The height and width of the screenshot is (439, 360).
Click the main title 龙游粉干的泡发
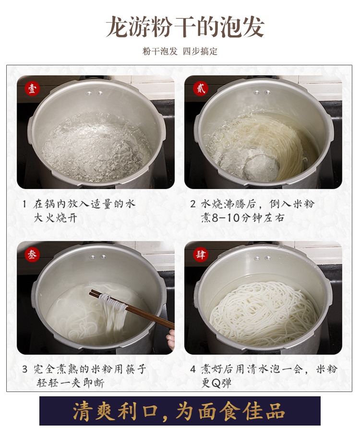coord(185,27)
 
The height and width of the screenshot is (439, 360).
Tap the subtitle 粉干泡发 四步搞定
coord(180,51)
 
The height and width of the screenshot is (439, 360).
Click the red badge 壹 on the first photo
coord(32,88)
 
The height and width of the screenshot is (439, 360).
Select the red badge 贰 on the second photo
coord(201,88)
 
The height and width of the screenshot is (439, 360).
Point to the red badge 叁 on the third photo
coord(32,254)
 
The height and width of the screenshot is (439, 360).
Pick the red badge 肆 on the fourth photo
coord(201,254)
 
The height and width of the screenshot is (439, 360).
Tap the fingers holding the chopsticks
coord(170,339)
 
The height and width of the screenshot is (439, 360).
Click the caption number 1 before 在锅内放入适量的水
coord(24,204)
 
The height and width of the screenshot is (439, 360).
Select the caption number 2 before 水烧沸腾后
coord(193,204)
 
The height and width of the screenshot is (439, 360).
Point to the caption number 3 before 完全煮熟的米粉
coord(25,369)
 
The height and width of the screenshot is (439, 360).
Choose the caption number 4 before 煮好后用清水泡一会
coord(193,369)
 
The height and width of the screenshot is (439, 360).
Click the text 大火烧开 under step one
coord(56,218)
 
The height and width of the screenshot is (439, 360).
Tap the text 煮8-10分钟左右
coord(242,218)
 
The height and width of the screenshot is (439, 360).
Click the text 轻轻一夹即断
coord(70,383)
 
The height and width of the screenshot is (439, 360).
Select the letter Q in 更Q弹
coord(216,383)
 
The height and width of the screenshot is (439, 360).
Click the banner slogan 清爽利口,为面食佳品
coord(179,411)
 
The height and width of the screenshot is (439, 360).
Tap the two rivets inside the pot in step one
coord(95,93)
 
